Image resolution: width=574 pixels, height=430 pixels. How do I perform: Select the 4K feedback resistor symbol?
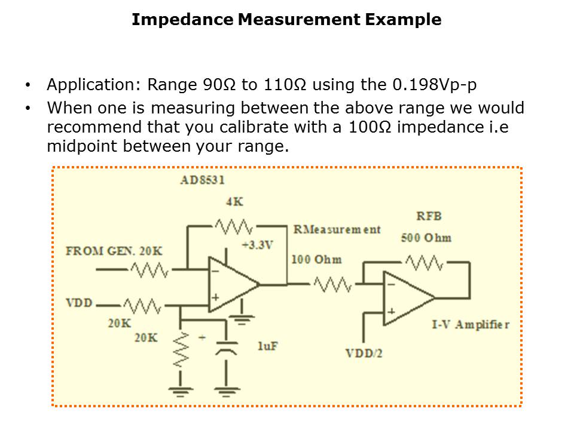pyautogui.click(x=235, y=226)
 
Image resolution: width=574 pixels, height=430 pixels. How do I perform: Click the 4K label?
pyautogui.click(x=234, y=202)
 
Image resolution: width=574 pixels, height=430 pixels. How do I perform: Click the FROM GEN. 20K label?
pyautogui.click(x=114, y=250)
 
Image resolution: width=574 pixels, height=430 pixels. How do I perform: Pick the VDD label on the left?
pyautogui.click(x=79, y=303)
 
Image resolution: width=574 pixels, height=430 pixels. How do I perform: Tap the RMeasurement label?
pyautogui.click(x=336, y=230)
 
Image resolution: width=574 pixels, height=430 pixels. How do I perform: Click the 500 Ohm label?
pyautogui.click(x=426, y=238)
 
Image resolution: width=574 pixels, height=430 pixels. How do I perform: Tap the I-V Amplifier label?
pyautogui.click(x=471, y=324)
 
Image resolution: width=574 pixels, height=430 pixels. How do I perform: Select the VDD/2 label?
pyautogui.click(x=364, y=353)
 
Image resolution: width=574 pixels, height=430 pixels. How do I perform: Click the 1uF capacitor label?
pyautogui.click(x=267, y=346)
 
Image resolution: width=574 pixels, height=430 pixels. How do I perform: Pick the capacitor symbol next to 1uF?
pyautogui.click(x=226, y=347)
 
